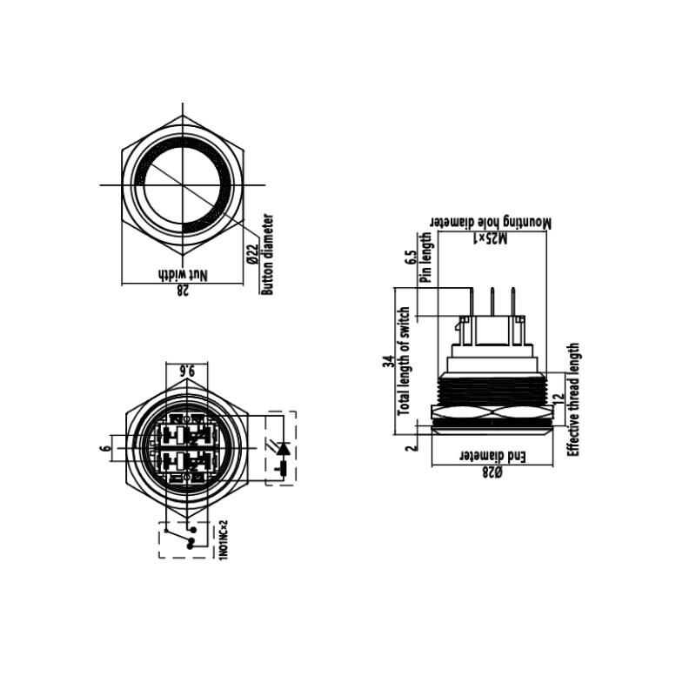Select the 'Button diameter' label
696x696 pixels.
tap(268, 254)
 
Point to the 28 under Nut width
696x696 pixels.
tap(183, 291)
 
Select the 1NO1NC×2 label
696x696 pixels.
tap(224, 539)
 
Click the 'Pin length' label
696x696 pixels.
tap(426, 258)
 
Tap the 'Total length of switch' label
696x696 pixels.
tap(404, 360)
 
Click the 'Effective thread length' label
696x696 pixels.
tap(573, 399)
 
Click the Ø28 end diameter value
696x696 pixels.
tap(492, 472)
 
